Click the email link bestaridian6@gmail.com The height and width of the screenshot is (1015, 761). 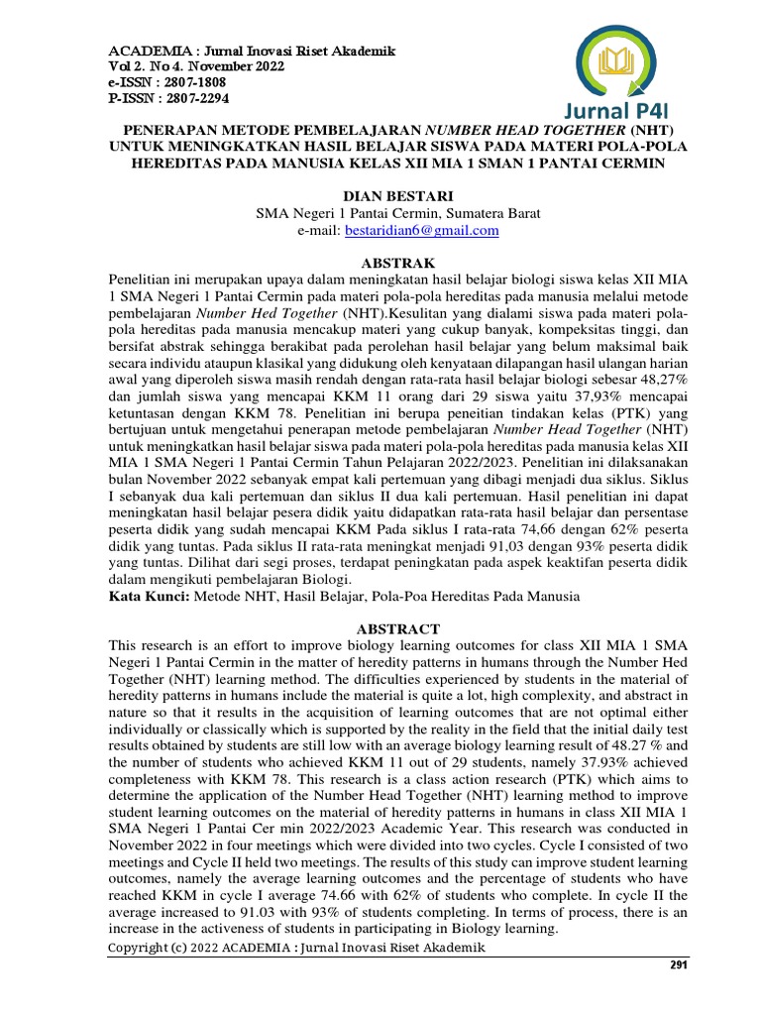[x=421, y=230]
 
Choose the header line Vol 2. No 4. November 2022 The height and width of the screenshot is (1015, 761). [x=196, y=66]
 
